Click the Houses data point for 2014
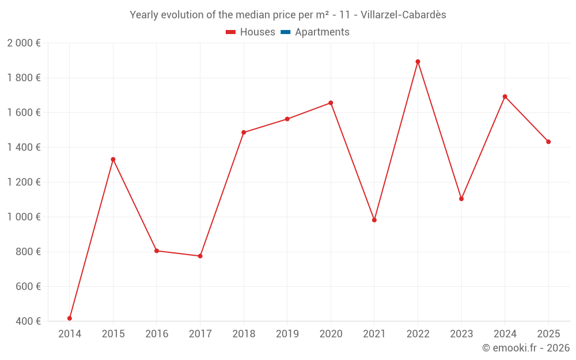click(x=70, y=318)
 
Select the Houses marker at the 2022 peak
click(x=418, y=62)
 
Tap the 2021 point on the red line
click(x=374, y=220)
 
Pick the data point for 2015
click(x=113, y=159)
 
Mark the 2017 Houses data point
click(x=200, y=256)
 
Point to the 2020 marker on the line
click(x=331, y=103)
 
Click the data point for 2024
click(x=505, y=97)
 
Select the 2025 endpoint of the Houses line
click(x=548, y=142)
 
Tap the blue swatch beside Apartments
click(x=285, y=32)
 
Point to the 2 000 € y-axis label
click(x=24, y=43)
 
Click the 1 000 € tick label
click(x=24, y=217)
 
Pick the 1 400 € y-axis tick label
click(x=24, y=147)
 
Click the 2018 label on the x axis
click(x=244, y=334)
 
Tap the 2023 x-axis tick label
click(x=461, y=334)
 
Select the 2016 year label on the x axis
click(x=157, y=334)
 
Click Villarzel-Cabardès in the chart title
click(x=403, y=15)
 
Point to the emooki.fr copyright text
click(x=525, y=348)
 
